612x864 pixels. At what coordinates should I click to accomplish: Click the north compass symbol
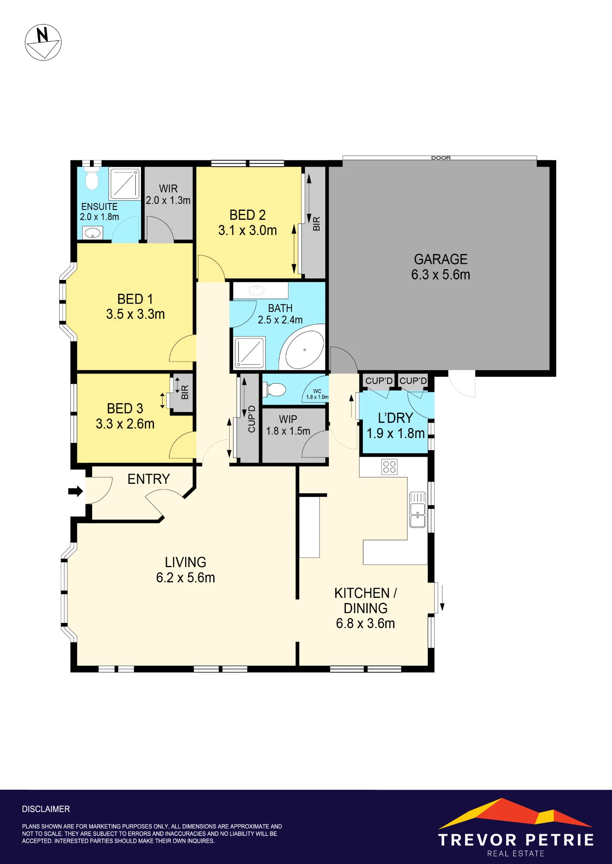[x=43, y=42]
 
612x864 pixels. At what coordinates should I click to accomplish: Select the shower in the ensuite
[x=125, y=183]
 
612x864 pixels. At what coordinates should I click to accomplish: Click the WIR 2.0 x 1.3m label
[x=168, y=194]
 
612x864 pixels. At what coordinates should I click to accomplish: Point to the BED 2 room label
[x=247, y=215]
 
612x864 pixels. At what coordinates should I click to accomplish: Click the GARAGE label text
[x=441, y=259]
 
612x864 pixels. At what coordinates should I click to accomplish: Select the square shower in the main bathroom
[x=249, y=352]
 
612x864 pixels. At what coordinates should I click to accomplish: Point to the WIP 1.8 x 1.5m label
[x=288, y=425]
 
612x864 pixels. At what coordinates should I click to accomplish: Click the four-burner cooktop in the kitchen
[x=389, y=467]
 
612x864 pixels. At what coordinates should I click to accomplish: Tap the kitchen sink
[x=418, y=510]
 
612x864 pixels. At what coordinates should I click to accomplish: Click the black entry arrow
[x=76, y=491]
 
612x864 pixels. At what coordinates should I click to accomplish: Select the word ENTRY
[x=149, y=479]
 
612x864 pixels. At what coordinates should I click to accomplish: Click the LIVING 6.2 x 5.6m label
[x=186, y=570]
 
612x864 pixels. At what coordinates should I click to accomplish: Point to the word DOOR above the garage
[x=441, y=158]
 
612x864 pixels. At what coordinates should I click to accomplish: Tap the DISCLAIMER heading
[x=46, y=809]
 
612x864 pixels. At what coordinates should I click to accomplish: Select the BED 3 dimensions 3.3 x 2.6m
[x=125, y=424]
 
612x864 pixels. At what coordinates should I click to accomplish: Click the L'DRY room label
[x=395, y=418]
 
